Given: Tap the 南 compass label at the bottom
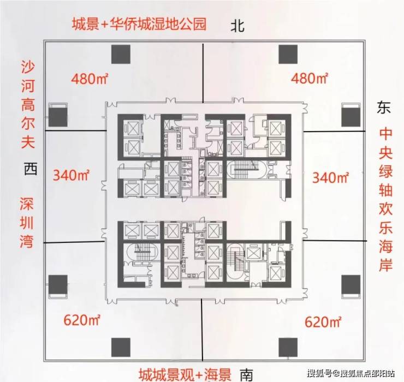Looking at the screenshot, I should tap(246, 374).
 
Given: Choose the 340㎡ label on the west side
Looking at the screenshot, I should tap(72, 175).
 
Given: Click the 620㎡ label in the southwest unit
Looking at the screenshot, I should tap(81, 320).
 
